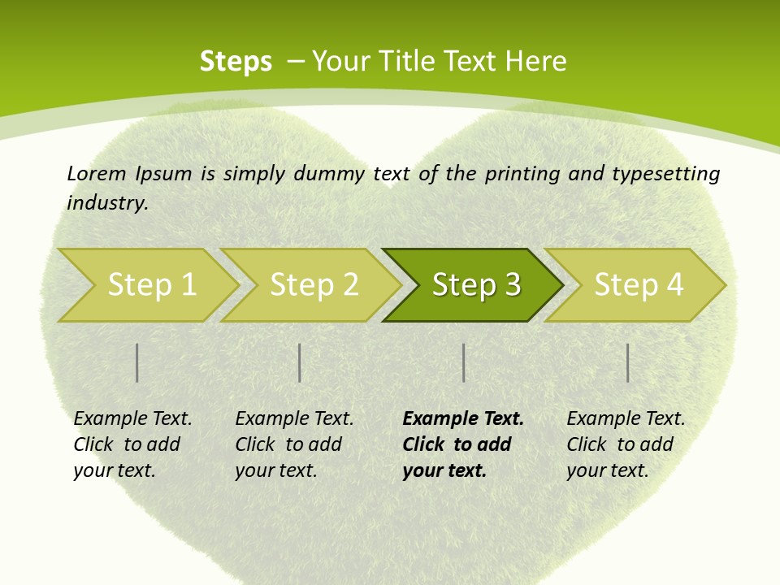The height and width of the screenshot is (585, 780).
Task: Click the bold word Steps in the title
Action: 236,62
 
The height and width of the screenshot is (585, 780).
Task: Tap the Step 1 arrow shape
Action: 150,285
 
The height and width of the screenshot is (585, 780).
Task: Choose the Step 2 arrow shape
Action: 313,285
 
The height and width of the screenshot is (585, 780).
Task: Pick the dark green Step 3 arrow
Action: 474,285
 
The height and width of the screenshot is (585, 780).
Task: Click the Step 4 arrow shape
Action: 638,285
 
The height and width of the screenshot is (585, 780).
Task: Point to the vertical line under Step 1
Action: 137,362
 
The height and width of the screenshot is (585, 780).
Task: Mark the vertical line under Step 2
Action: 300,362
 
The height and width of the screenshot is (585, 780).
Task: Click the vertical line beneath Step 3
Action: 464,362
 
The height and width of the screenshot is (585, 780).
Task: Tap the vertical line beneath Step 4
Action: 628,362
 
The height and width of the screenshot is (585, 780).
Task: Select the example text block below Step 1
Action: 132,444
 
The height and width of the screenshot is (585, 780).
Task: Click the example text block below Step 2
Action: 293,444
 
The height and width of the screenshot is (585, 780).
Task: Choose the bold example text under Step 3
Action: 462,444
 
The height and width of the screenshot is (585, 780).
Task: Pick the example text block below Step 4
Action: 625,444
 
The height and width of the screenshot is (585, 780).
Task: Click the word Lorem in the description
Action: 97,174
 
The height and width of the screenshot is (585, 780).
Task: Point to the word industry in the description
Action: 107,203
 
